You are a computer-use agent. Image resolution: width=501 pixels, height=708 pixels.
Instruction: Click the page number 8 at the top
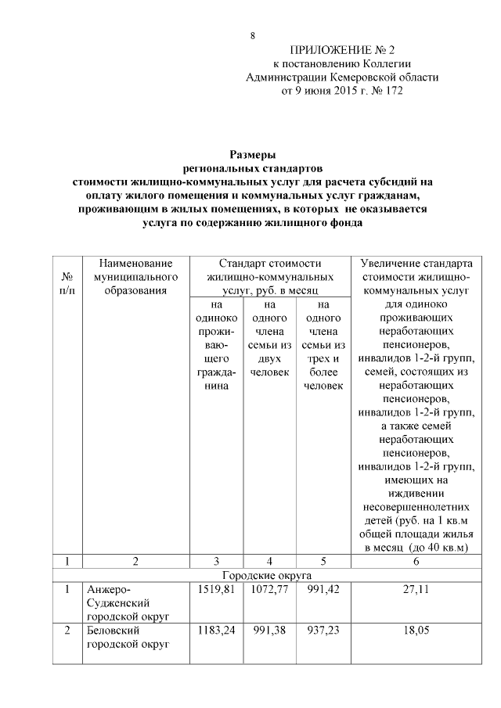(252, 36)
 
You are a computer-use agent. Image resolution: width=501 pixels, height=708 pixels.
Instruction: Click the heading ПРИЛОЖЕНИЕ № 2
(342, 49)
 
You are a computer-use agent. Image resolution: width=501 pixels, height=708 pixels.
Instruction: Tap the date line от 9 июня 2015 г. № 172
(342, 91)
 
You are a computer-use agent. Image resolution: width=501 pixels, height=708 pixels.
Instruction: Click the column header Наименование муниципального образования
(135, 277)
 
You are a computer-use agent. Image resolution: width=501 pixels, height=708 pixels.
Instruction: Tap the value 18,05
(416, 630)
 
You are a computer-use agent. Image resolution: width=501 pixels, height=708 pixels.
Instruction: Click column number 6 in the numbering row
(416, 561)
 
